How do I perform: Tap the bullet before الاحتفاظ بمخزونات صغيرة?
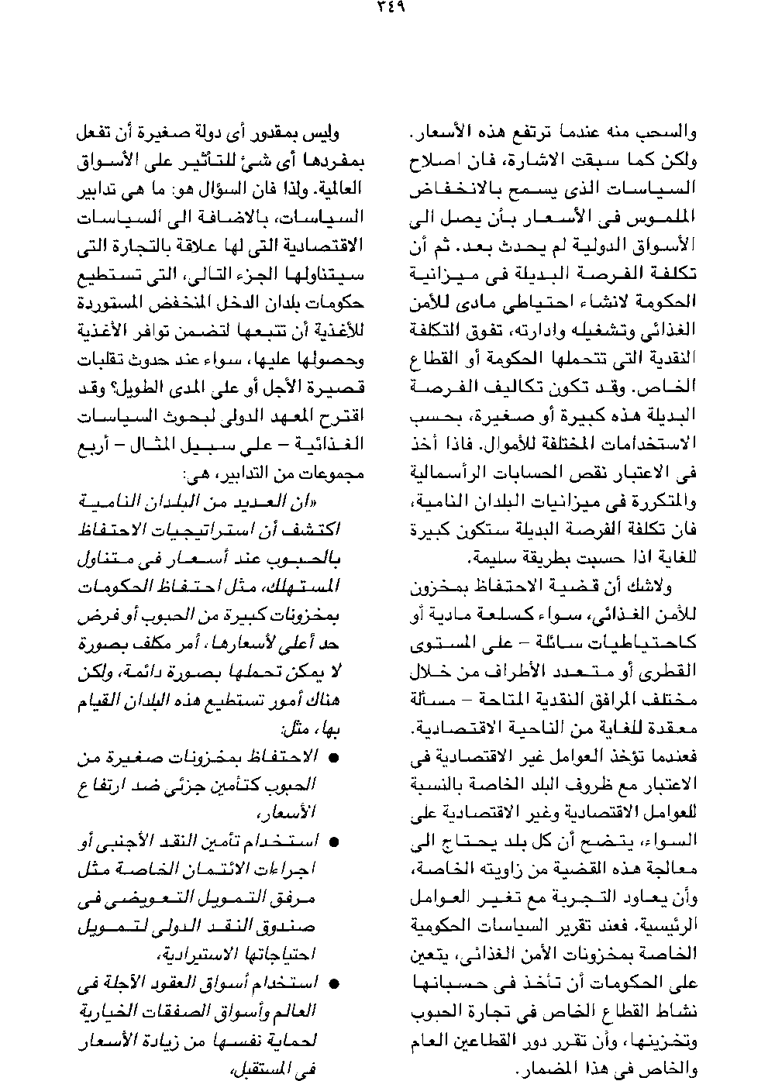click(334, 757)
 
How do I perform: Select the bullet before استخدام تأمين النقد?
click(334, 841)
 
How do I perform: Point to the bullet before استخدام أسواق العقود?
click(334, 985)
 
